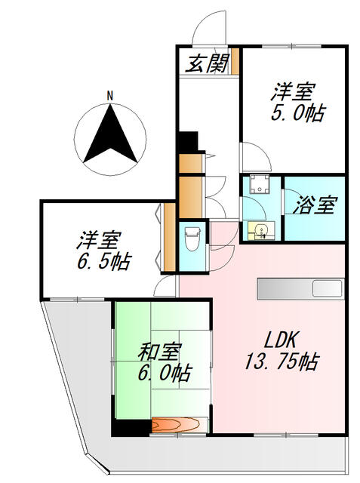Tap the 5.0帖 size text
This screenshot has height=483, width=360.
pos(298,113)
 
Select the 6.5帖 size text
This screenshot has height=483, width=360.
pos(104,262)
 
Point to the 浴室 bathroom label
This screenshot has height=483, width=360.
pos(313,205)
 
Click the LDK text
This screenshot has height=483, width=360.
pos(281,340)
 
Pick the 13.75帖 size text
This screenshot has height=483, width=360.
pos(282,361)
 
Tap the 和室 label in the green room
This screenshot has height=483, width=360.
pos(159,352)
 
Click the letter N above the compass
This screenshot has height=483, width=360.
pos(109,96)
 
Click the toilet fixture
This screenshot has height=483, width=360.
pos(191,238)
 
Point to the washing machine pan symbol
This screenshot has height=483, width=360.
pos(260,183)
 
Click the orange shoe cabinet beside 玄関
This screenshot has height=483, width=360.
pos(235,61)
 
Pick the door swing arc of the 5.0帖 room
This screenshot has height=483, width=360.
pos(261,152)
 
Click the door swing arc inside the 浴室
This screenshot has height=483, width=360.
pos(293,197)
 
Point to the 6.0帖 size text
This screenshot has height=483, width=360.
pos(165,373)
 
